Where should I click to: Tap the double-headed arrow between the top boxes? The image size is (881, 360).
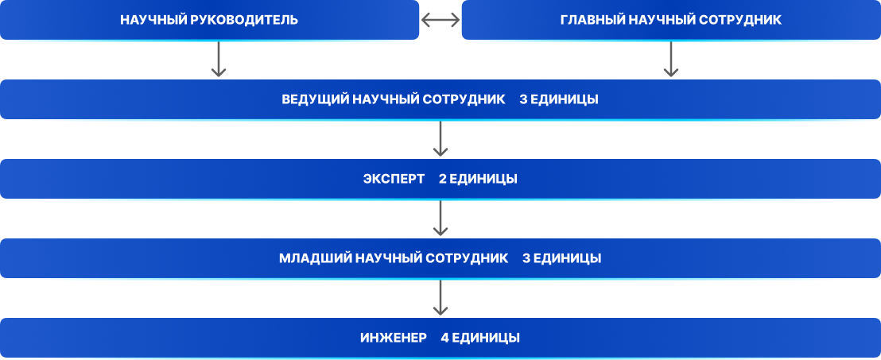440,21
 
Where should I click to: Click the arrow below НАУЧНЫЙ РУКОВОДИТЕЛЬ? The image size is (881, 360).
219,60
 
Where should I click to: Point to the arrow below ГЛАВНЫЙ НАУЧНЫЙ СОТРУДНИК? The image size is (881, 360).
670,60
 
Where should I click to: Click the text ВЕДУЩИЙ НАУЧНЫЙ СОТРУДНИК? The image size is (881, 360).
394,100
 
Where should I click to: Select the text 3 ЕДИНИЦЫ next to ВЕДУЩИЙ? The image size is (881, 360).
559,100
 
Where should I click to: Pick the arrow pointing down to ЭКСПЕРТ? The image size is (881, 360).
440,140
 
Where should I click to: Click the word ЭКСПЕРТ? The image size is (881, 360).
394,180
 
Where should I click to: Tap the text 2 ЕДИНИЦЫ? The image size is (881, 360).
478,180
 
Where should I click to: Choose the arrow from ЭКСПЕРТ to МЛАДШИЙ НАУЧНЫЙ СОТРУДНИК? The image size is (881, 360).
440,219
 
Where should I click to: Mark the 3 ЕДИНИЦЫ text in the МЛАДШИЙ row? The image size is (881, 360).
561,259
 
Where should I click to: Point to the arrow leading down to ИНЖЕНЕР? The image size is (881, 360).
440,299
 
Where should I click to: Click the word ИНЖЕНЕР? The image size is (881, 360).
393,338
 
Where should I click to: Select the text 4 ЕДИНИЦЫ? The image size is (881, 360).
480,338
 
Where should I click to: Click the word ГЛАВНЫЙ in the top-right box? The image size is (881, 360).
590,20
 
